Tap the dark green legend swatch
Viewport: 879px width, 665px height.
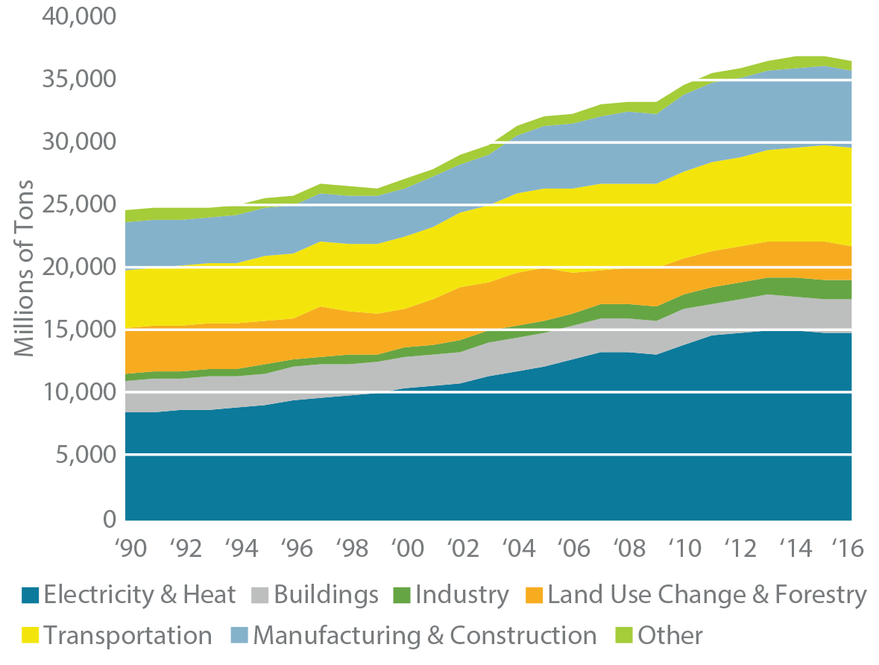point(399,592)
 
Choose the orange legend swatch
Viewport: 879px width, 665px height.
point(530,592)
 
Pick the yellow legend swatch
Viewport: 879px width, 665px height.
point(28,632)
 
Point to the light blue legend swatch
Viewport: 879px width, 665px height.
point(236,633)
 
